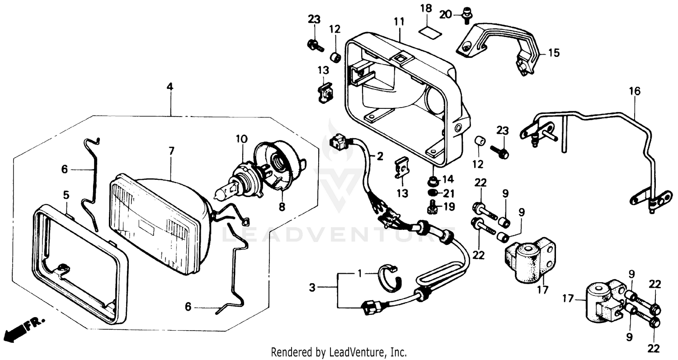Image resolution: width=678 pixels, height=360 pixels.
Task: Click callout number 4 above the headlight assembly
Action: pyautogui.click(x=170, y=87)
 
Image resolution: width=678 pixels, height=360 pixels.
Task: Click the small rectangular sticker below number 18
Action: pyautogui.click(x=427, y=31)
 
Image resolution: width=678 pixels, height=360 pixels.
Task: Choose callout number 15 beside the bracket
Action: pyautogui.click(x=553, y=53)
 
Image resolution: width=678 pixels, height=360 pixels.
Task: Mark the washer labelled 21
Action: pyautogui.click(x=433, y=193)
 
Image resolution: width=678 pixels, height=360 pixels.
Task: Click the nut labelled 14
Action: pyautogui.click(x=433, y=182)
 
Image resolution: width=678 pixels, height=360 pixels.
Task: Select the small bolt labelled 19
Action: pyautogui.click(x=431, y=208)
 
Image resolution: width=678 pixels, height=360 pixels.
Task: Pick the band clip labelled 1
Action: pyautogui.click(x=389, y=276)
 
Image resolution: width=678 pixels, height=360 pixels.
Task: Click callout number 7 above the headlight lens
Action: pyautogui.click(x=171, y=151)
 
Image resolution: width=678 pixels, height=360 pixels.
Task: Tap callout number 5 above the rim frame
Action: pyautogui.click(x=66, y=195)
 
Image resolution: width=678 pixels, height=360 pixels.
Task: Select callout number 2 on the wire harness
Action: pyautogui.click(x=380, y=157)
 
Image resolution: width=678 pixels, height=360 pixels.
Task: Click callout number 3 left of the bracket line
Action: pyautogui.click(x=312, y=287)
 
